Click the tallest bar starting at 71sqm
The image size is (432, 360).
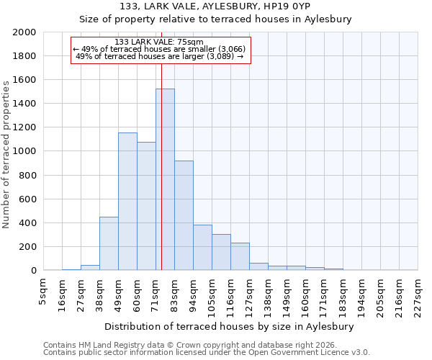165,179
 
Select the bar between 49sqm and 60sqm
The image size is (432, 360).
127,202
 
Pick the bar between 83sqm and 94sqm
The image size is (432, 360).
184,215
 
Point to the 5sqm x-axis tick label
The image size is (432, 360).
43,289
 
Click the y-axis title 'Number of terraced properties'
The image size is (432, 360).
6,154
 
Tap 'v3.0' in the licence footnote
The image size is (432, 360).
360,353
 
